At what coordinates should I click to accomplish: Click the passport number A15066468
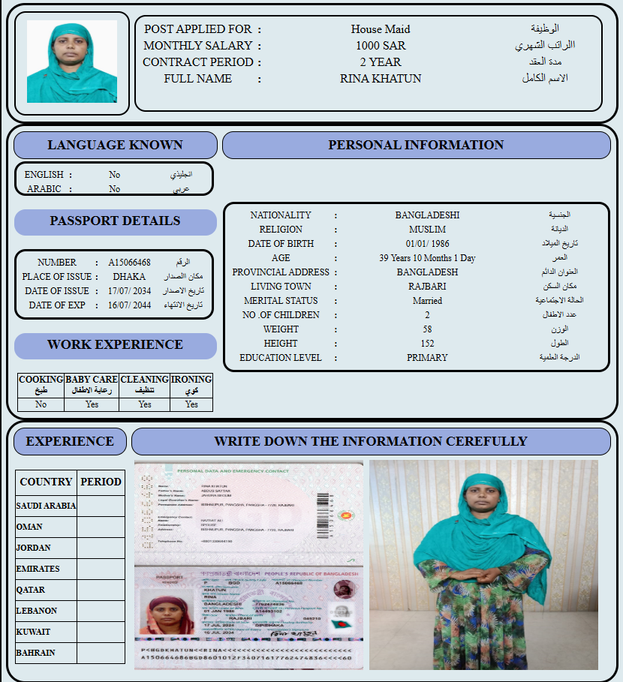click(129, 263)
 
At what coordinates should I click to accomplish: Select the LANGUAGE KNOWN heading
click(115, 146)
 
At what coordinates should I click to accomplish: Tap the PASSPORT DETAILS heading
click(115, 221)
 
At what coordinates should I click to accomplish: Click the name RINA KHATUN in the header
click(381, 79)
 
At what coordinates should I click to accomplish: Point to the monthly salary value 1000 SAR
click(381, 46)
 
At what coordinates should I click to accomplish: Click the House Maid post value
click(381, 29)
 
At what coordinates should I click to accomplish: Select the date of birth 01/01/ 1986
click(427, 244)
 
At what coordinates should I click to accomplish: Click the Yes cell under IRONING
click(191, 404)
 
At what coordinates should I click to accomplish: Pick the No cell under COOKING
click(41, 404)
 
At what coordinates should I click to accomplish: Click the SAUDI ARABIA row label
click(46, 506)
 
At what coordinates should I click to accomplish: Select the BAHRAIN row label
click(35, 653)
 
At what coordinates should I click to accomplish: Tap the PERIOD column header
click(101, 482)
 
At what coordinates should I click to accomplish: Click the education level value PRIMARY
click(427, 358)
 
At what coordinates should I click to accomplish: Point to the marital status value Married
click(427, 301)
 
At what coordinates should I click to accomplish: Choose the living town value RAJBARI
click(427, 287)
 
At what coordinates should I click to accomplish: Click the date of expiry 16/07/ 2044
click(129, 305)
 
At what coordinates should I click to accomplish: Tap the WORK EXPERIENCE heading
click(115, 345)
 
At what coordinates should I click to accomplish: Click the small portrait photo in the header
click(72, 62)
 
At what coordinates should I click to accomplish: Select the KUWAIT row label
click(33, 632)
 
